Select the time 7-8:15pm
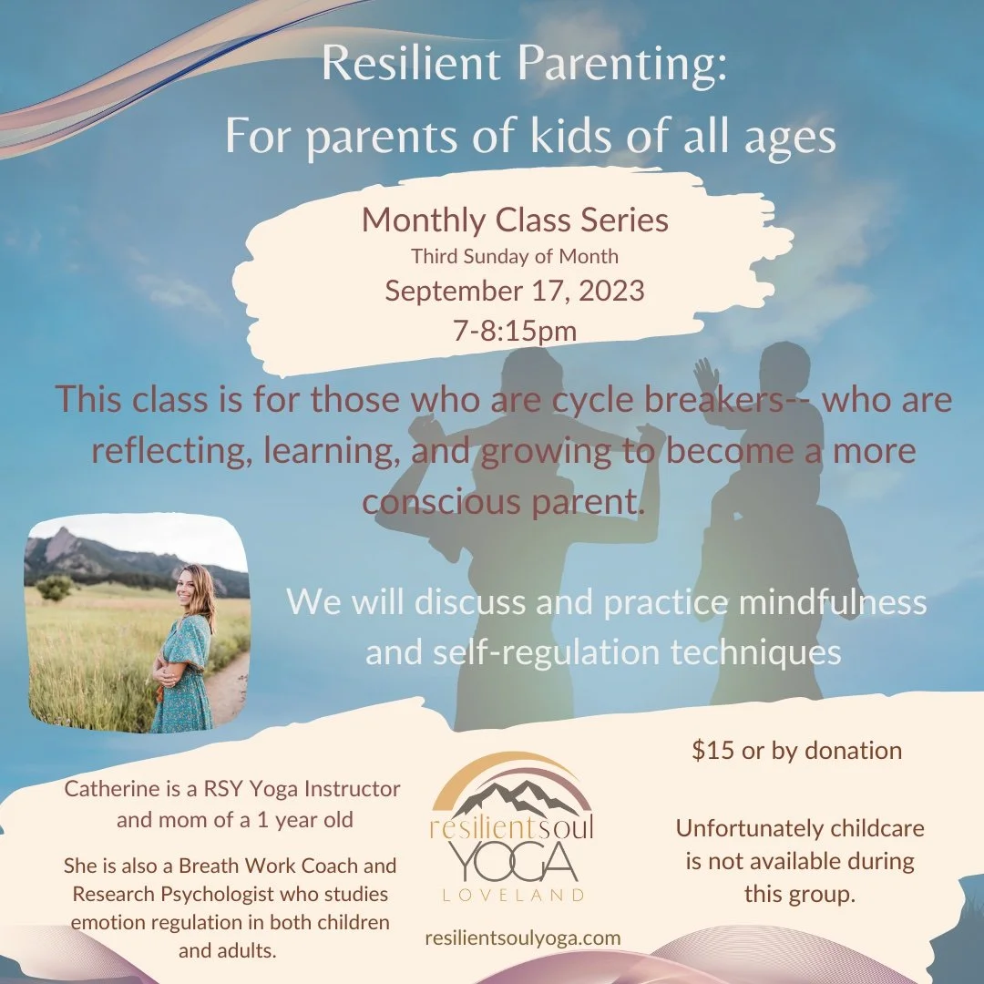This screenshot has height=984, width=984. pyautogui.click(x=514, y=330)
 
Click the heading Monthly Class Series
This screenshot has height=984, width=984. pyautogui.click(x=515, y=220)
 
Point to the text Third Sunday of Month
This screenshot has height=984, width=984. pyautogui.click(x=515, y=256)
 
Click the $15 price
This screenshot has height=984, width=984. pyautogui.click(x=711, y=750)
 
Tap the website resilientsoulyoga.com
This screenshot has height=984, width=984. pyautogui.click(x=523, y=938)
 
